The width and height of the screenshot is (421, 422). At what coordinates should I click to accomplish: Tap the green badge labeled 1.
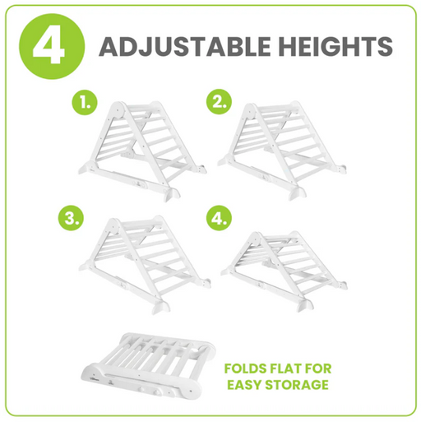coord(84,104)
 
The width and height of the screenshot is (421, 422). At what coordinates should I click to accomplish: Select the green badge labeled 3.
coord(72,220)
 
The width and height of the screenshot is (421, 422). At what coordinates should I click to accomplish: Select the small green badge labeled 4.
coord(218,220)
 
